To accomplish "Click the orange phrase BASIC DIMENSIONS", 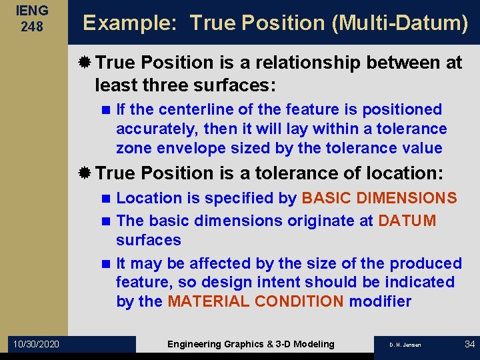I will [x=379, y=198].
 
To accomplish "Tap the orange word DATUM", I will [x=407, y=221].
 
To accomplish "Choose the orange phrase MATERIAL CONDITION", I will [x=255, y=301].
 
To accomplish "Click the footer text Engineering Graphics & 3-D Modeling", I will [x=251, y=344].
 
